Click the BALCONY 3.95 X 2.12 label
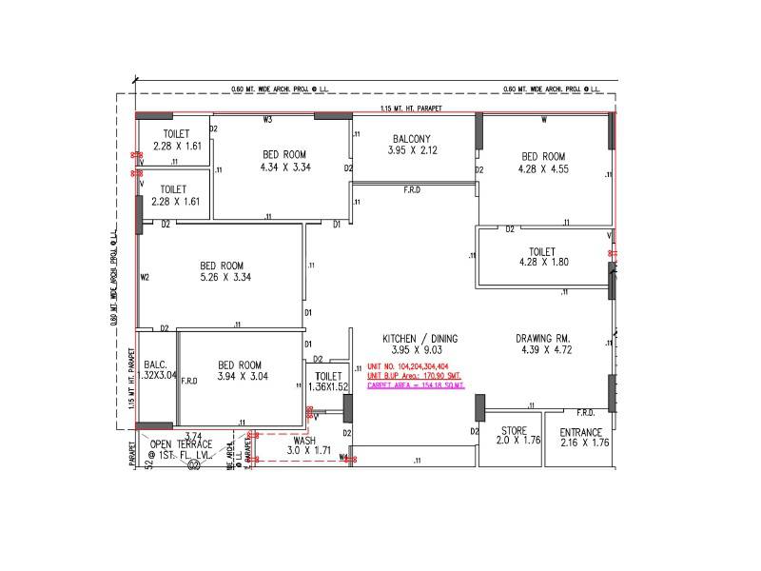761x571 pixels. [x=410, y=145]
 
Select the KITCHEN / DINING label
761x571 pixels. [x=420, y=339]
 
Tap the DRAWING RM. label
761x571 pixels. [x=542, y=339]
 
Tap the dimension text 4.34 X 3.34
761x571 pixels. [x=285, y=167]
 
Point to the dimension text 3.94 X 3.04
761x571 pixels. [x=243, y=377]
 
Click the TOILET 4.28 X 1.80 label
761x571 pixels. [x=542, y=256]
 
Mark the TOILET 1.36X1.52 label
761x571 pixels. [x=328, y=383]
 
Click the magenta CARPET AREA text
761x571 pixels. [x=416, y=384]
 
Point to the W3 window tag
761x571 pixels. [x=268, y=120]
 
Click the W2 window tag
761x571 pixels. [x=146, y=278]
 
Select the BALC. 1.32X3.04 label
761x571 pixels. [x=156, y=370]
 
